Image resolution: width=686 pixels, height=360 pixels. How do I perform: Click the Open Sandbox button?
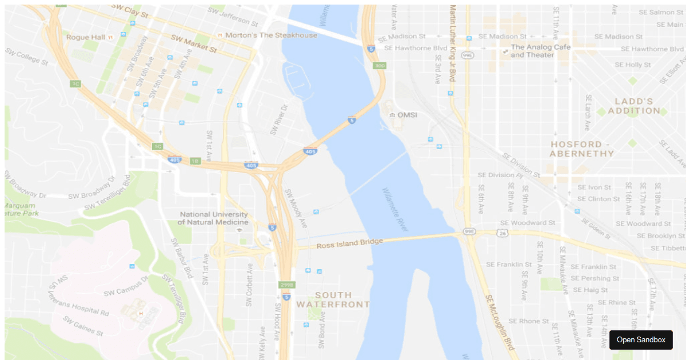641,340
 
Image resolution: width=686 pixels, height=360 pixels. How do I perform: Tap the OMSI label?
408,115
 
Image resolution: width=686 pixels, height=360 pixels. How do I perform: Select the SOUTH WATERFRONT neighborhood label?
333,299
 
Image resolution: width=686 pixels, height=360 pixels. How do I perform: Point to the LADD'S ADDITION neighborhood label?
634,106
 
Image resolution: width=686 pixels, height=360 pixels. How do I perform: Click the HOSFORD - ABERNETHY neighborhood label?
582,149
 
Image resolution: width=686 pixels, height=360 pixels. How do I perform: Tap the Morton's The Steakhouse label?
271,35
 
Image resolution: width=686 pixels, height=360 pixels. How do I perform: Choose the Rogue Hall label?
86,37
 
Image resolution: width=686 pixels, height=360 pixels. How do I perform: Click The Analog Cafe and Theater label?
540,51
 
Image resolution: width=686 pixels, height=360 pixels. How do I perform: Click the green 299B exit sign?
287,285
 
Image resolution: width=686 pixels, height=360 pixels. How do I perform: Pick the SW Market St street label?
194,43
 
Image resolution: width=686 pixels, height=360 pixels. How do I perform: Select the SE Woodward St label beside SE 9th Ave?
528,223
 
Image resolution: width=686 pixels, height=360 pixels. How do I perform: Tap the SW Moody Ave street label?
296,208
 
